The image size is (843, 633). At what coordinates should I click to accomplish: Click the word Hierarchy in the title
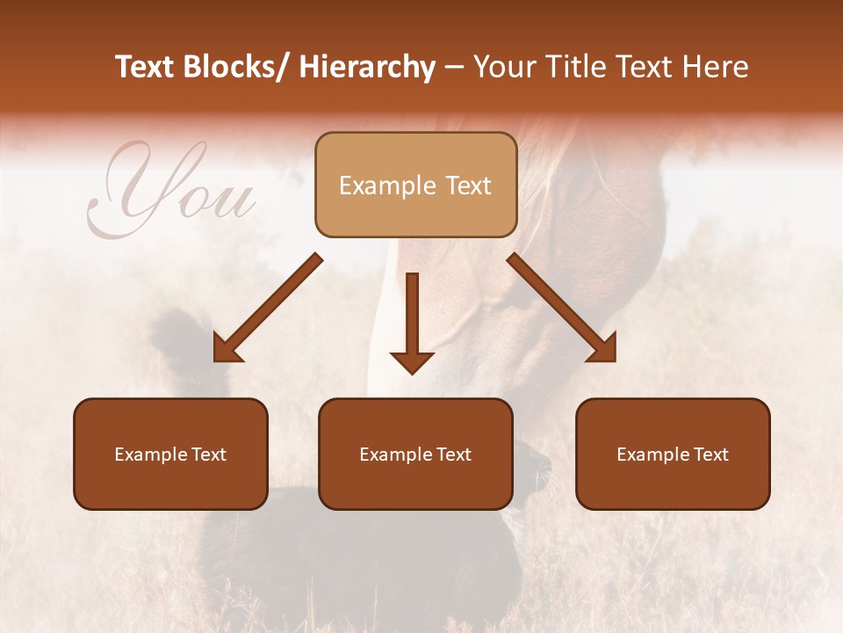tap(366, 67)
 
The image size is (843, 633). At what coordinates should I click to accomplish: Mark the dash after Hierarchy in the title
tap(453, 67)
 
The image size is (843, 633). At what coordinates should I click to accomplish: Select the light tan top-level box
tap(415, 185)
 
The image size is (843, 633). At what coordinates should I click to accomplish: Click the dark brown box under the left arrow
tap(170, 454)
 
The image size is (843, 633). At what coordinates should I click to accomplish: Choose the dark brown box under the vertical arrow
tap(415, 454)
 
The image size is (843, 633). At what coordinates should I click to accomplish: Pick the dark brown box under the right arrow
tap(673, 454)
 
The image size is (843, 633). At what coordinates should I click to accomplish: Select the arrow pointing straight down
tap(412, 321)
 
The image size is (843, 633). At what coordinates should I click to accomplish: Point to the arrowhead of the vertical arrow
tap(412, 361)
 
